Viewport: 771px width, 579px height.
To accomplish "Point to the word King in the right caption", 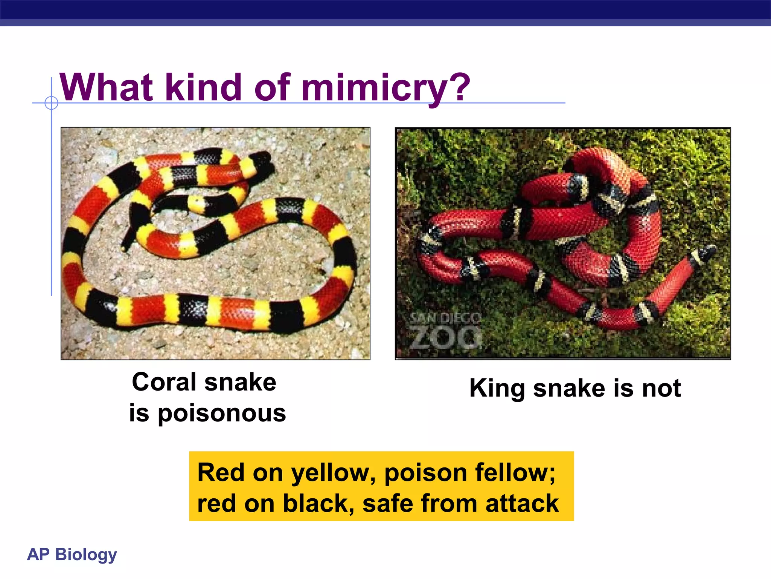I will [497, 389].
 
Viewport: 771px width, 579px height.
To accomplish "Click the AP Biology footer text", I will [72, 554].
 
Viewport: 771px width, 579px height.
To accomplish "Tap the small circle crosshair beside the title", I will [51, 103].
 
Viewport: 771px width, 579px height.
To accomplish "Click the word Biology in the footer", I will [86, 554].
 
